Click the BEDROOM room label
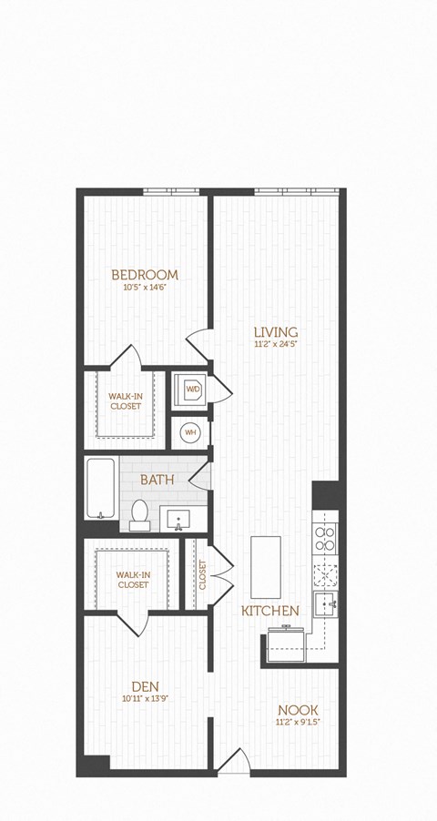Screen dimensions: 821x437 click(145, 274)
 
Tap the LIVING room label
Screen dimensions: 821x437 click(276, 331)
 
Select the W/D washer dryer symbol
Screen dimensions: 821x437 click(193, 390)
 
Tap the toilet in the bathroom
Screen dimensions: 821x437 click(140, 514)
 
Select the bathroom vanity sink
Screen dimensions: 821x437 click(179, 520)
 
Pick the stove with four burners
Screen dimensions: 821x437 click(325, 541)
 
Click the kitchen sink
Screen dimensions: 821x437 click(326, 602)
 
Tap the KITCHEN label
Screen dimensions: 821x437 click(269, 611)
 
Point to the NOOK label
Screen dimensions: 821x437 click(299, 709)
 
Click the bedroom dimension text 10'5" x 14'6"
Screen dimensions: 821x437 click(145, 288)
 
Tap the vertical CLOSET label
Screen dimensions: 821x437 click(202, 575)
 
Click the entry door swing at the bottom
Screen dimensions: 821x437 click(235, 763)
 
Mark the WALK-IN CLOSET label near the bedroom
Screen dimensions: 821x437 click(126, 401)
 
